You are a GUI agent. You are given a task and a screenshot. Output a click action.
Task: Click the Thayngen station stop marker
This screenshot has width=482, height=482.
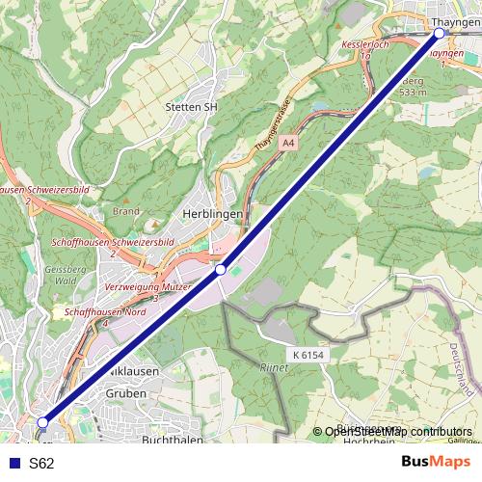tap(439, 33)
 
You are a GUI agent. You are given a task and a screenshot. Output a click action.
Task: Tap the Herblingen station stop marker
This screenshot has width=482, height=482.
tap(221, 270)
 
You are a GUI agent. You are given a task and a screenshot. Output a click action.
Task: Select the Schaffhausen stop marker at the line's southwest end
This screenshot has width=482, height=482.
tap(42, 422)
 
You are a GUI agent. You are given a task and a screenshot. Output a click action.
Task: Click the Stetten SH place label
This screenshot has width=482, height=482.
tap(192, 107)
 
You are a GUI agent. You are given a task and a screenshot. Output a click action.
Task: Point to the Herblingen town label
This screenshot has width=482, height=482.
tap(211, 215)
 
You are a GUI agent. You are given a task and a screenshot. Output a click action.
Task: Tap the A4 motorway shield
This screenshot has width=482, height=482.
tap(287, 143)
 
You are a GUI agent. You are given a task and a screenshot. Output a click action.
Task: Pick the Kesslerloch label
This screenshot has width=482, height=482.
tap(365, 45)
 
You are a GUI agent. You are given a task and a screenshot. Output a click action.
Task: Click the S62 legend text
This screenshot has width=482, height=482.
tap(41, 463)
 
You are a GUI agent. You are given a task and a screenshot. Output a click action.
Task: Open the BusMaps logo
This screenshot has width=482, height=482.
tap(436, 462)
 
